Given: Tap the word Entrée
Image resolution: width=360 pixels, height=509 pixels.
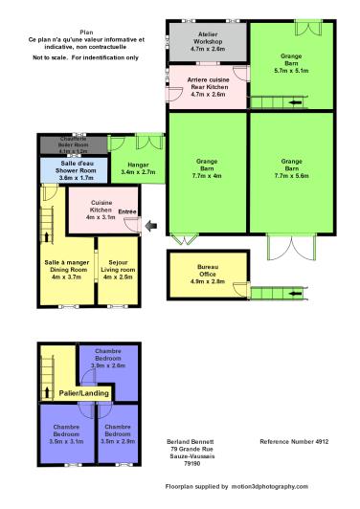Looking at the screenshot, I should point(128,212).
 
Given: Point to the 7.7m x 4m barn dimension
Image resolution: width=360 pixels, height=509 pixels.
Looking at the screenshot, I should point(208,176).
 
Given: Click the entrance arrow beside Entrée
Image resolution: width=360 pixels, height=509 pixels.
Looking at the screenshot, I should point(145,227).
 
